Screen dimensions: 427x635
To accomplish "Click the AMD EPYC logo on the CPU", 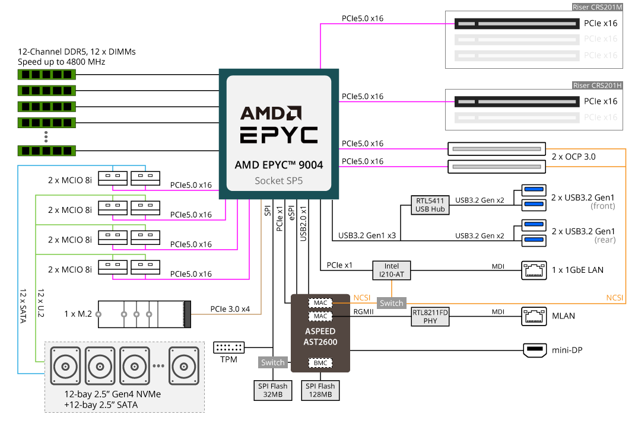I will pyautogui.click(x=278, y=125).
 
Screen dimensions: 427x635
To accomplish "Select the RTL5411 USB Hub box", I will pyautogui.click(x=430, y=205).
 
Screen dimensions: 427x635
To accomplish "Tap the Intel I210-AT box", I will pyautogui.click(x=392, y=270).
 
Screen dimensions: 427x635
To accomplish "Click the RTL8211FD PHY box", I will pyautogui.click(x=430, y=316).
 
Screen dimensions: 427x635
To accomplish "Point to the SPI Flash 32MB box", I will pyautogui.click(x=272, y=390).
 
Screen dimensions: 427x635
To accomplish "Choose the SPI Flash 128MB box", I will pyautogui.click(x=320, y=390).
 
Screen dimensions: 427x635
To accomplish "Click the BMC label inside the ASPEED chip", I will pyautogui.click(x=320, y=362).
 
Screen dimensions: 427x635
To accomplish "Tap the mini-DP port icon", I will pyautogui.click(x=535, y=350).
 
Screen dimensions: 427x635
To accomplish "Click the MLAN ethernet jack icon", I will pyautogui.click(x=534, y=316).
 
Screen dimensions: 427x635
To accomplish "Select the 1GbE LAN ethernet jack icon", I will pyautogui.click(x=534, y=270).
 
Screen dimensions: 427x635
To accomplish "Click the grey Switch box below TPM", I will pyautogui.click(x=273, y=362).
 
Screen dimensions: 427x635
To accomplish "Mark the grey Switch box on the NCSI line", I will pyautogui.click(x=392, y=303).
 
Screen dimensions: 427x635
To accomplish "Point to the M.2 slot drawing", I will pyautogui.click(x=145, y=314).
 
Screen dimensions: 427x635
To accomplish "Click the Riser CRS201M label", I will pyautogui.click(x=597, y=7).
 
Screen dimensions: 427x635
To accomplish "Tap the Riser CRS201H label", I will pyautogui.click(x=597, y=85).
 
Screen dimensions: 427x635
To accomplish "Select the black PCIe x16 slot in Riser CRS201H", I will pyautogui.click(x=516, y=101).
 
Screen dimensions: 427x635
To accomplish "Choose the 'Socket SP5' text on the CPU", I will pyautogui.click(x=278, y=180).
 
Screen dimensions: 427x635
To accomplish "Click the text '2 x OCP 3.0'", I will pyautogui.click(x=573, y=157).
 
